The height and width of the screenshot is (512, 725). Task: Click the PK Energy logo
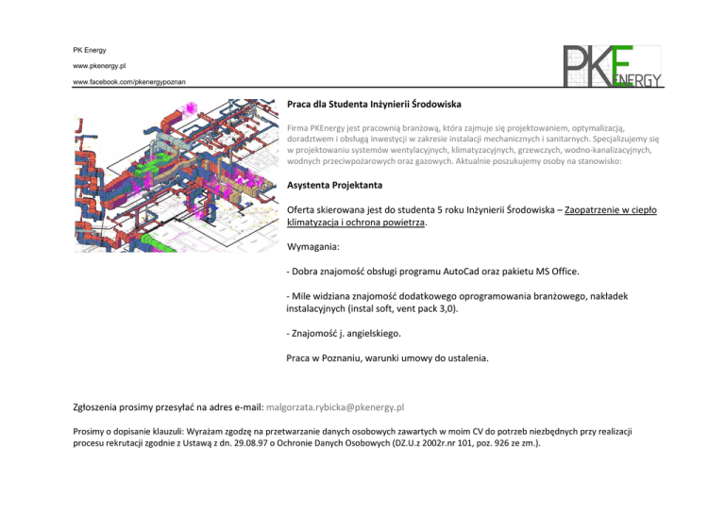(615, 65)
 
